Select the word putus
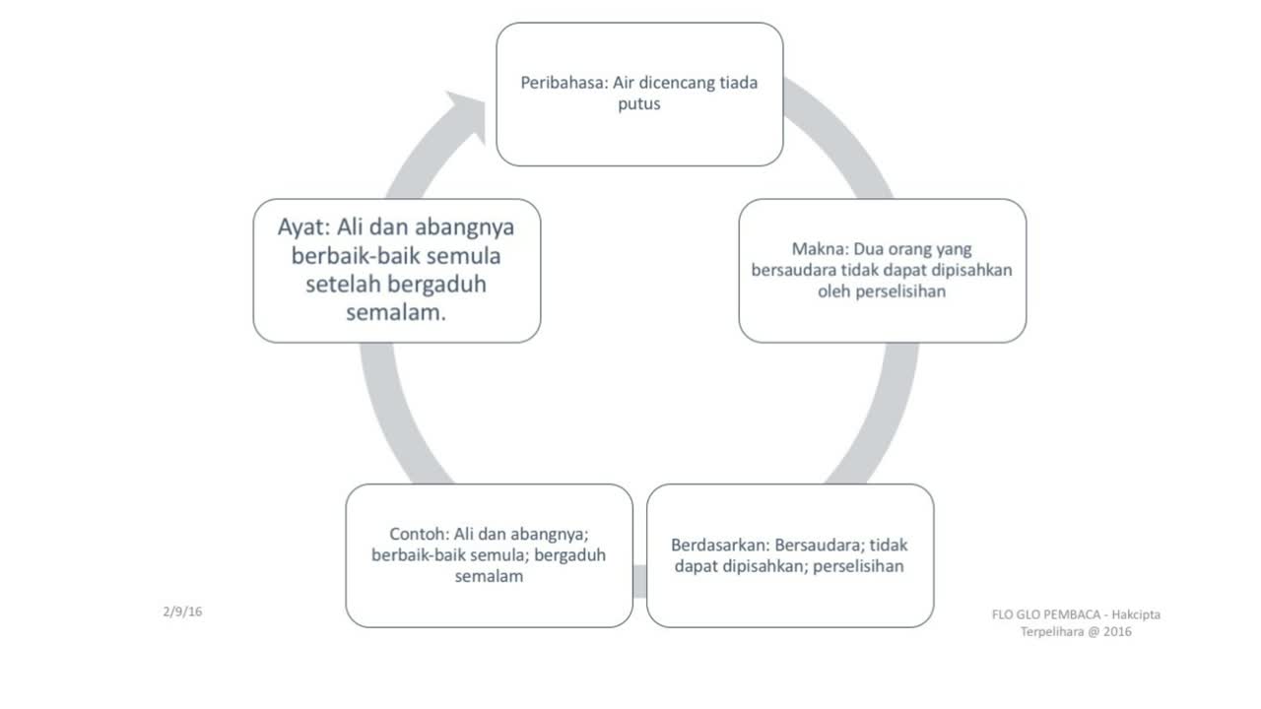point(639,103)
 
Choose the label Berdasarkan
point(719,545)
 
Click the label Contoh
point(420,534)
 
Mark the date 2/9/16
point(182,612)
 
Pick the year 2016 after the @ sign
point(1117,632)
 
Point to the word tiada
point(736,83)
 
